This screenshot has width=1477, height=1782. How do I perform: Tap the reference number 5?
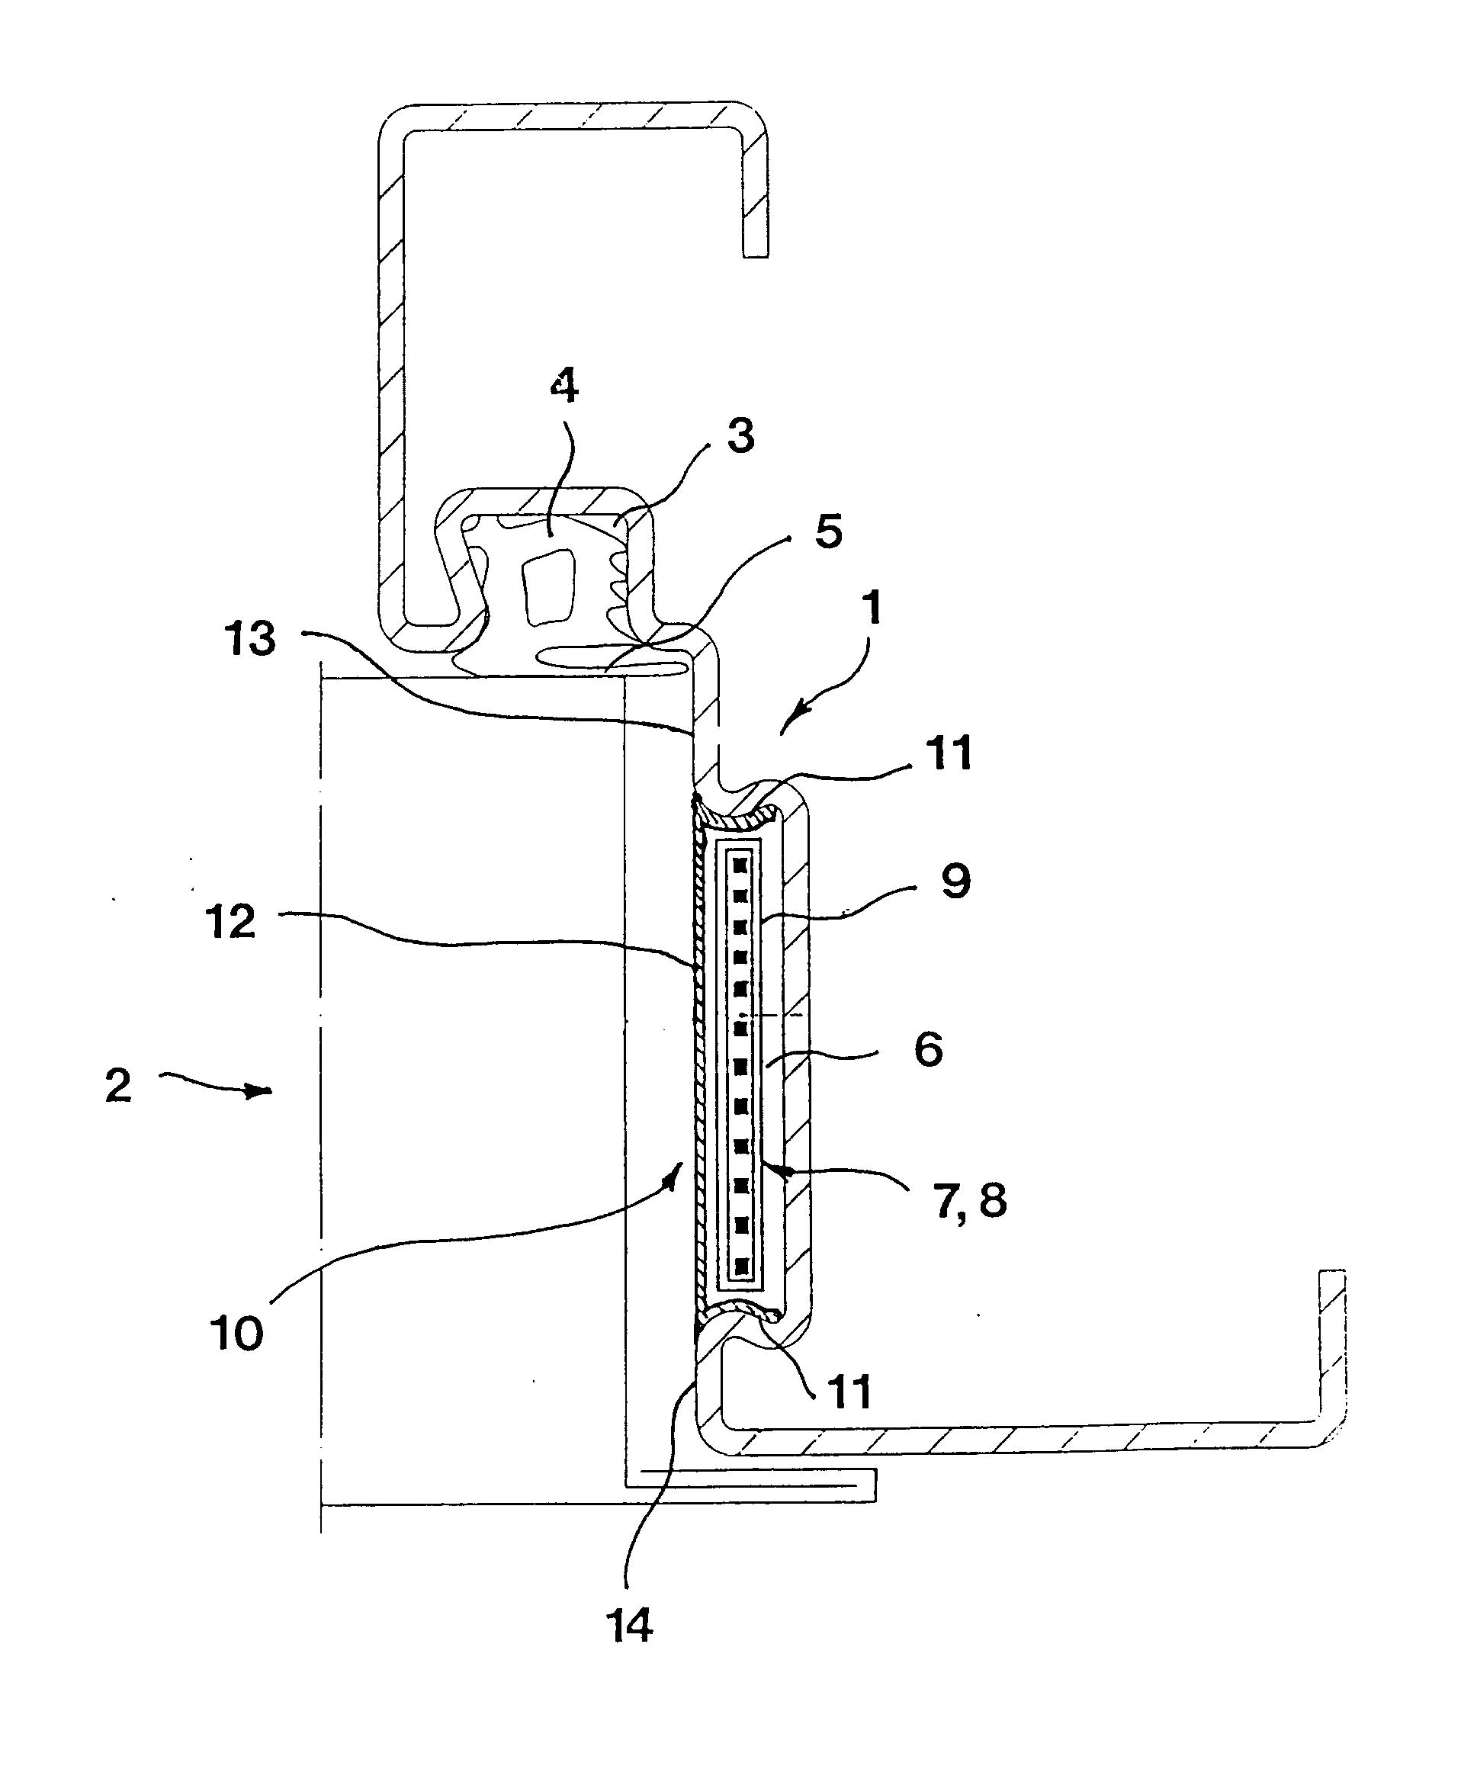tap(828, 531)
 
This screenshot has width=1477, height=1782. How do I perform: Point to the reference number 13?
tap(250, 638)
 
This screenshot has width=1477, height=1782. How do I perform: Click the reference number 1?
tap(872, 608)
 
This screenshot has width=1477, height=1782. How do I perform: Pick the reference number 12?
tap(231, 922)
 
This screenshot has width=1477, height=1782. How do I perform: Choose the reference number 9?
tap(955, 881)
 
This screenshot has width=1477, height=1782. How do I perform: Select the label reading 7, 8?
tap(971, 1202)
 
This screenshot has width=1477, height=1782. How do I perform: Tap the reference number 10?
tap(236, 1334)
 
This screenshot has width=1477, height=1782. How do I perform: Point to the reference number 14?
tap(630, 1626)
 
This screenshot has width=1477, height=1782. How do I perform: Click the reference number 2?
tap(119, 1086)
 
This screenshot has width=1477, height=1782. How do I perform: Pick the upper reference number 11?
tap(949, 753)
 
